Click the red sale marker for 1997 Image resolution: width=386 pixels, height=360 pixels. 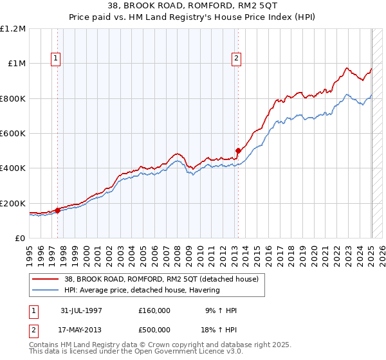[x=58, y=210]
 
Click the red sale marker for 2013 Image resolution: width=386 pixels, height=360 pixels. [x=237, y=150]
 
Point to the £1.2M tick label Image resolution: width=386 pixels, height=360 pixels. [x=14, y=29]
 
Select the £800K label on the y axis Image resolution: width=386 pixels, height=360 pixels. [x=13, y=98]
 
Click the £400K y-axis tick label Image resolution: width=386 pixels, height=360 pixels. [x=13, y=168]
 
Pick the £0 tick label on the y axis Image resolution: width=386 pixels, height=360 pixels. [x=19, y=238]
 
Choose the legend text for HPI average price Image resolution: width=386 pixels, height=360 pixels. [x=141, y=290]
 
